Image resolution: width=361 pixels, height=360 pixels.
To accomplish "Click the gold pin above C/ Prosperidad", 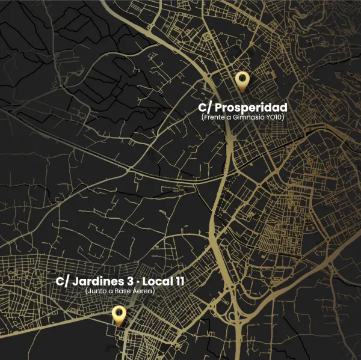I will (242, 79).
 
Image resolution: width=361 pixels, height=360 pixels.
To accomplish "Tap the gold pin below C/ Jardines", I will (119, 314).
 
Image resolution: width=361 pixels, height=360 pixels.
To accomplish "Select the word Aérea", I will (143, 291).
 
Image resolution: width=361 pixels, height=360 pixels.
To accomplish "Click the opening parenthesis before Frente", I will (202, 117).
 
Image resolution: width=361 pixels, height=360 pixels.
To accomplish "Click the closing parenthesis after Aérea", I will (155, 291).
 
